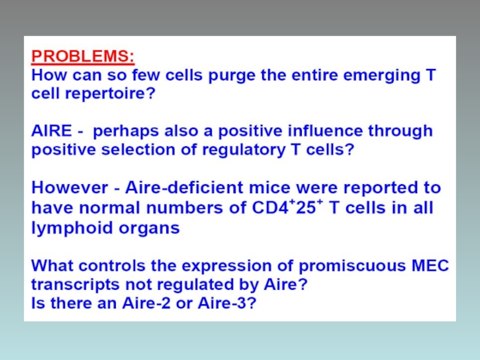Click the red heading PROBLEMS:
[x=83, y=56]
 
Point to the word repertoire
[x=110, y=94]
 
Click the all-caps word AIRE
[x=52, y=131]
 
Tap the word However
[x=70, y=187]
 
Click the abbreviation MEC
[x=430, y=265]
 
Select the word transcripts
[x=76, y=285]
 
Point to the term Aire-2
[x=146, y=304]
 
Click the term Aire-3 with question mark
[x=227, y=304]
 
